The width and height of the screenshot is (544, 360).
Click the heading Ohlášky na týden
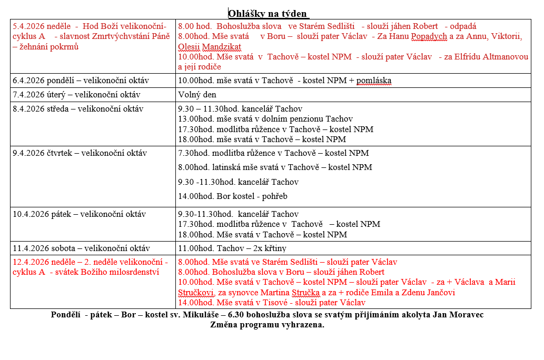268,13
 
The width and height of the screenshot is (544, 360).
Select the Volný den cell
197,95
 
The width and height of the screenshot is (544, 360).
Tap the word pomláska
373,81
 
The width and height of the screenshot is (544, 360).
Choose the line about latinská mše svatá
275,167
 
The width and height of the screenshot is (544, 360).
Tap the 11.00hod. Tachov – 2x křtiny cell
232,248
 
